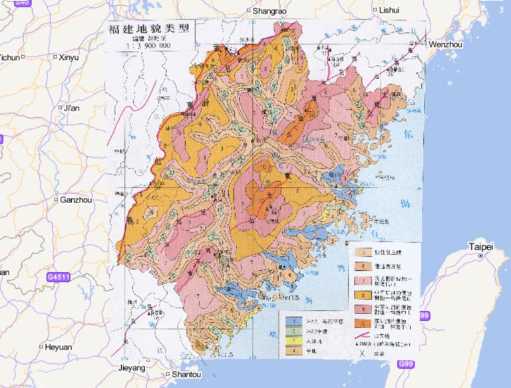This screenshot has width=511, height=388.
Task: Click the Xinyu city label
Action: (68, 57)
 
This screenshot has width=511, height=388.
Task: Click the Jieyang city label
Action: (130, 367)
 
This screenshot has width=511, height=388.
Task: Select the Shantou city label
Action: (186, 374)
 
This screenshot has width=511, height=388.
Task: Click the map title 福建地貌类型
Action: (149, 30)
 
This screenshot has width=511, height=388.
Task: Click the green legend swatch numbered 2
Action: (291, 331)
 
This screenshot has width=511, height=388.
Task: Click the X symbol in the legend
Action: (362, 353)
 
